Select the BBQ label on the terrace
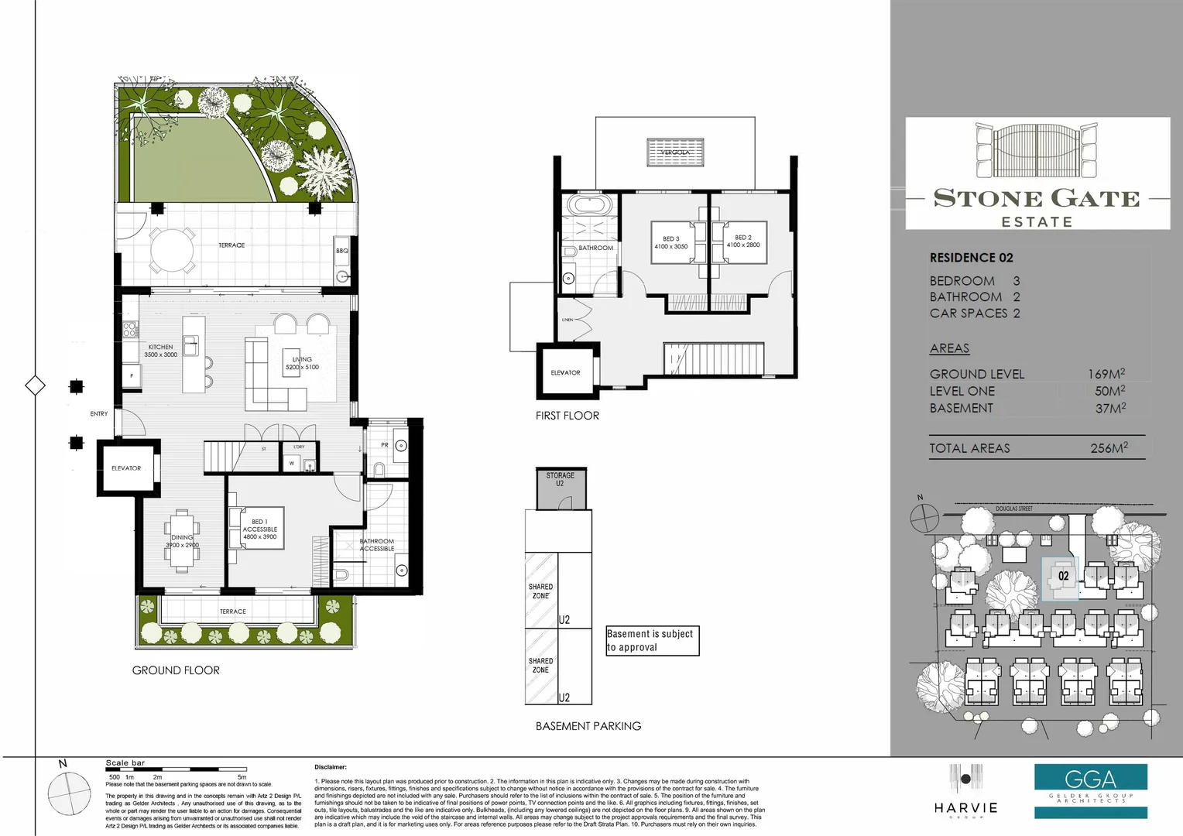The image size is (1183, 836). click(x=342, y=251)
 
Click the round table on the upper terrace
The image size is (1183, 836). click(x=173, y=249)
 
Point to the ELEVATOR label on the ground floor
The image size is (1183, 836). click(x=126, y=468)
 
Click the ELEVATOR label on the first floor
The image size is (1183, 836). click(x=565, y=372)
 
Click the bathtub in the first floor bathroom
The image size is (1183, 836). click(x=589, y=206)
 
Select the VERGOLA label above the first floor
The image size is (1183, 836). click(x=675, y=152)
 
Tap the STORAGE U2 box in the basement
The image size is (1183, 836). click(x=561, y=488)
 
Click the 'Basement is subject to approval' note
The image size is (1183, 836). click(x=652, y=641)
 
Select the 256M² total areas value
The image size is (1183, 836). click(x=1109, y=447)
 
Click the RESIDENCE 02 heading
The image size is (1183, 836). click(x=971, y=258)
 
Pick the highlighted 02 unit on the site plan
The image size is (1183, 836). click(x=1062, y=576)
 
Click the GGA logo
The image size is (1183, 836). click(x=1090, y=779)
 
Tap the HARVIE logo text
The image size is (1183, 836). click(x=965, y=807)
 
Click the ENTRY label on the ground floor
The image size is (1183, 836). click(x=99, y=414)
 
